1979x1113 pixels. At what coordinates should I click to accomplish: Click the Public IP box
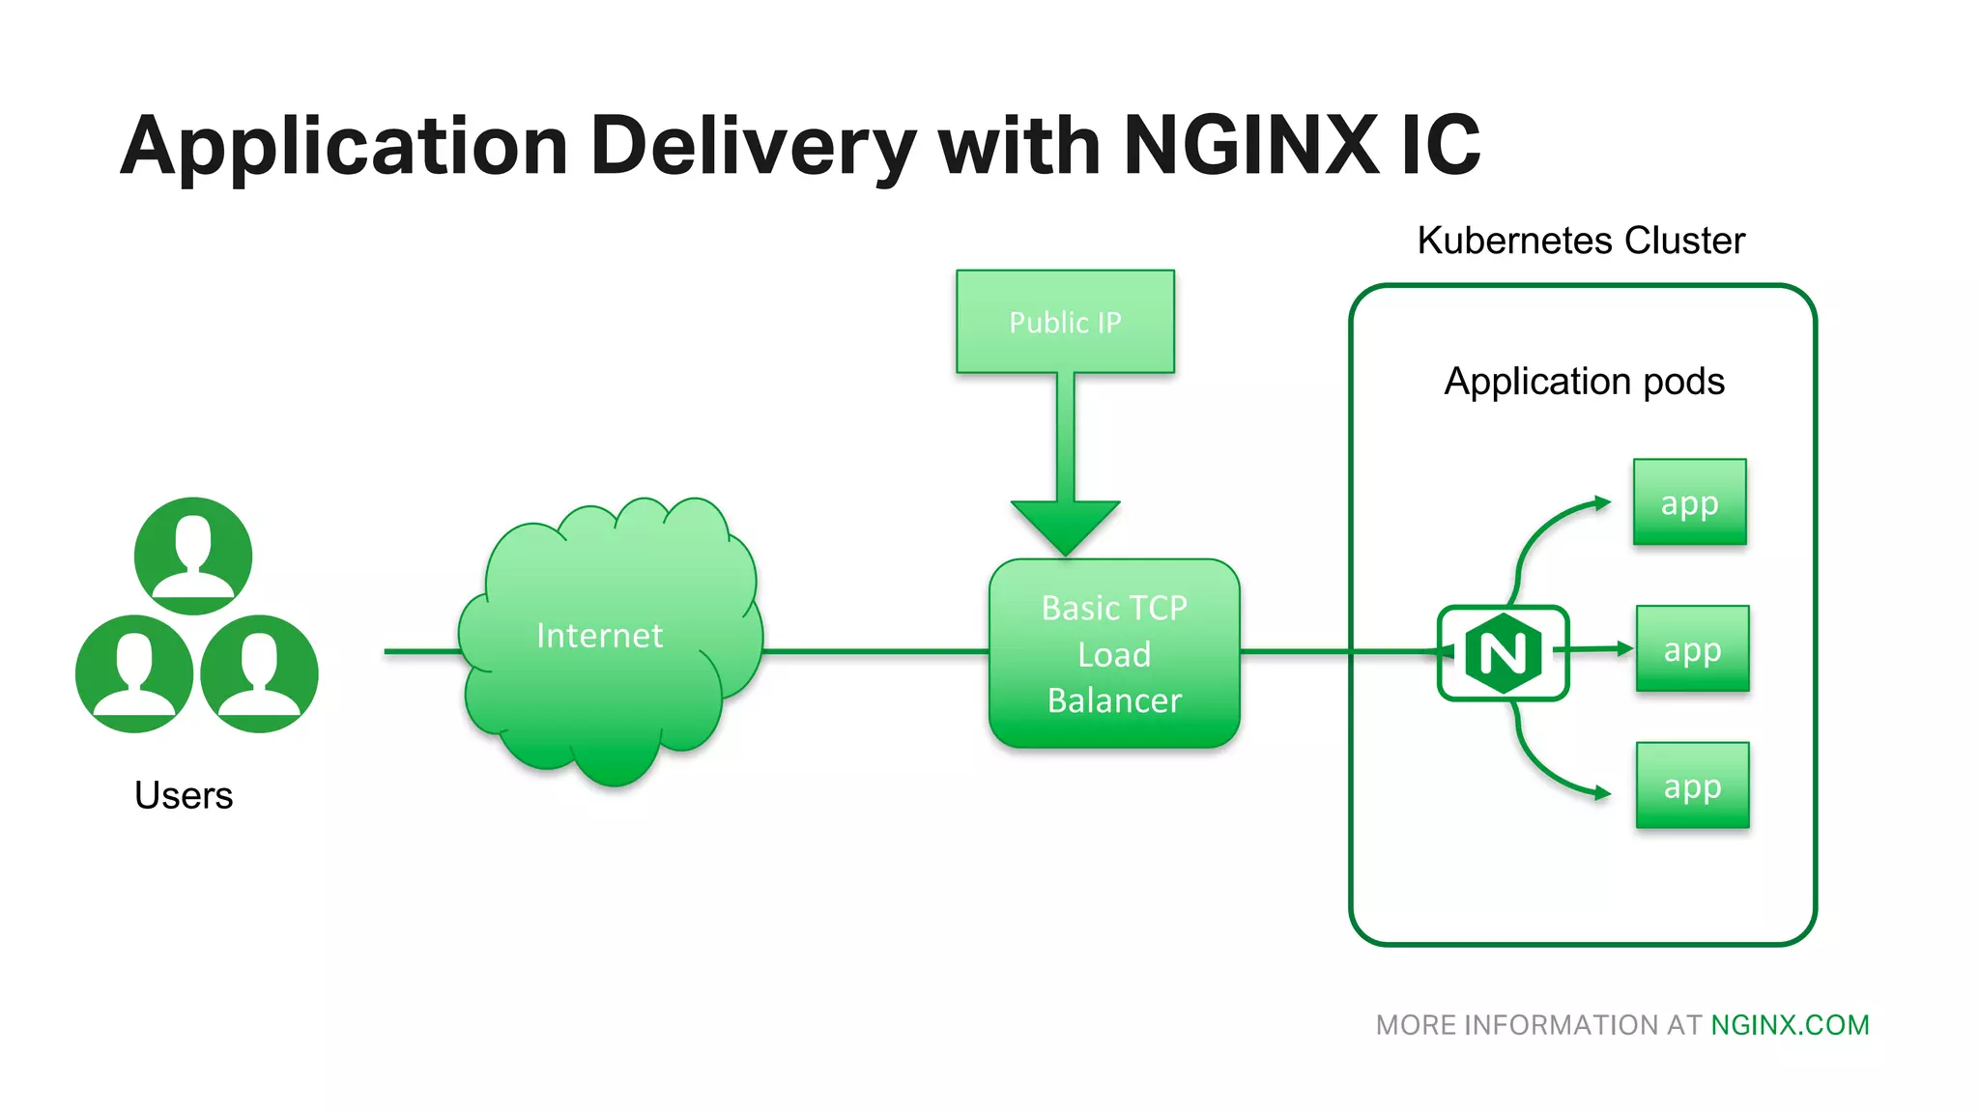(1065, 322)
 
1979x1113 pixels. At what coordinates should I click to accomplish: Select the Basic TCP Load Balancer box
(1114, 654)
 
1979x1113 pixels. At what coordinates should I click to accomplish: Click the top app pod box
(1689, 502)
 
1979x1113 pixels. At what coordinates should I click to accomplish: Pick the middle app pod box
(1692, 649)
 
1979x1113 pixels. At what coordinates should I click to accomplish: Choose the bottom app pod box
(1692, 785)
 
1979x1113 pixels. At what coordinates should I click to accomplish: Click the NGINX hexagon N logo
(1503, 653)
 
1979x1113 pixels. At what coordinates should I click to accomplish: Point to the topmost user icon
(193, 556)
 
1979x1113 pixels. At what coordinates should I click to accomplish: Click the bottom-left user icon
(134, 673)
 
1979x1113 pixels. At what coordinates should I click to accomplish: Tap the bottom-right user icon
(259, 673)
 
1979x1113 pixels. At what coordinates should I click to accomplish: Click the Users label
(184, 795)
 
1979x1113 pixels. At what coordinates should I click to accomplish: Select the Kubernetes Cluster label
(1581, 241)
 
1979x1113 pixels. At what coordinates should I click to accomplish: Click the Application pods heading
(1584, 382)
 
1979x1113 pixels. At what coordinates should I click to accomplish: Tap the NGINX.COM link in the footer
(1790, 1025)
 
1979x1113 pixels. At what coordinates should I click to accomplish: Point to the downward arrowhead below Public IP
(1065, 527)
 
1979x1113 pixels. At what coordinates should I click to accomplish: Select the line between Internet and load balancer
(875, 651)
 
